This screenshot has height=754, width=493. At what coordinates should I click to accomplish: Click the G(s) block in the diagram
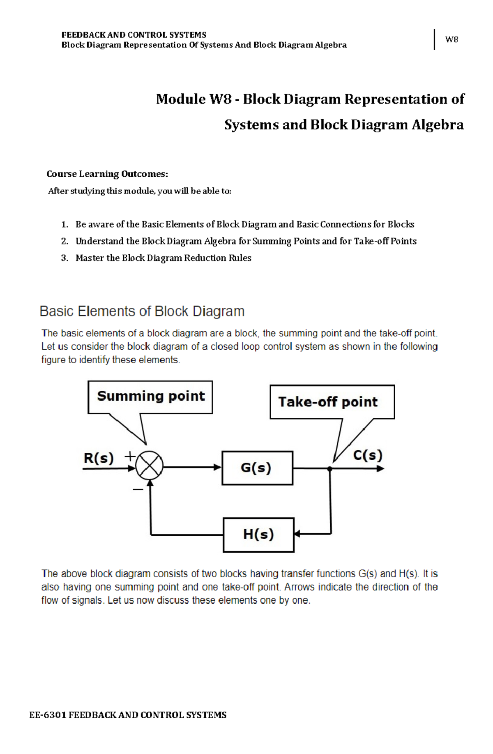257,468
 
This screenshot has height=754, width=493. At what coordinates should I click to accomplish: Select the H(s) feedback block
258,535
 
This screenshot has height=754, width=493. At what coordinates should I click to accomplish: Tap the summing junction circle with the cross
150,465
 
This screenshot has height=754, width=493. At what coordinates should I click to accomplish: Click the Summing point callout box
150,397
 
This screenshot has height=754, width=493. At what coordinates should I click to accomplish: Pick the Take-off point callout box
332,402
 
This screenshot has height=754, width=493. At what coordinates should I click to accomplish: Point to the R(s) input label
99,458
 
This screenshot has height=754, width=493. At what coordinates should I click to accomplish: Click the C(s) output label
368,455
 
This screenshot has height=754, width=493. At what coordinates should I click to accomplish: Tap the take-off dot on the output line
329,468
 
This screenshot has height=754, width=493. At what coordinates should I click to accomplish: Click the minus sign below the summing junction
138,489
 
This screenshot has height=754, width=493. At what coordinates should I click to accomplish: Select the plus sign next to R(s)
130,456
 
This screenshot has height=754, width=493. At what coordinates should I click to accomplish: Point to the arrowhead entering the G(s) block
218,467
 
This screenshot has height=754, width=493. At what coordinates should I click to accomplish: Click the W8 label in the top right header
452,39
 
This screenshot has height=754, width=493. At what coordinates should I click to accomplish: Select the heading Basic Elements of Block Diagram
142,311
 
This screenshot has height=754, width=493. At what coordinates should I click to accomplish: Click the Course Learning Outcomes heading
107,174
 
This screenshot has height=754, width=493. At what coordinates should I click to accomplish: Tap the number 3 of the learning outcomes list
65,258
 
